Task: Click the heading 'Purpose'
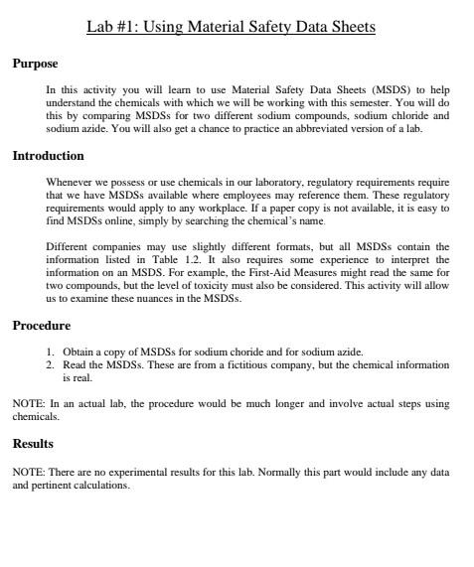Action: pos(35,64)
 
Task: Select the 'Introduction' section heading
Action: pos(48,156)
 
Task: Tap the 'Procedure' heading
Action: pos(41,325)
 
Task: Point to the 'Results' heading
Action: pos(33,443)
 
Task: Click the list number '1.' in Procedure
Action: pos(51,352)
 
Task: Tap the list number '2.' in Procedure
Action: pos(51,364)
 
